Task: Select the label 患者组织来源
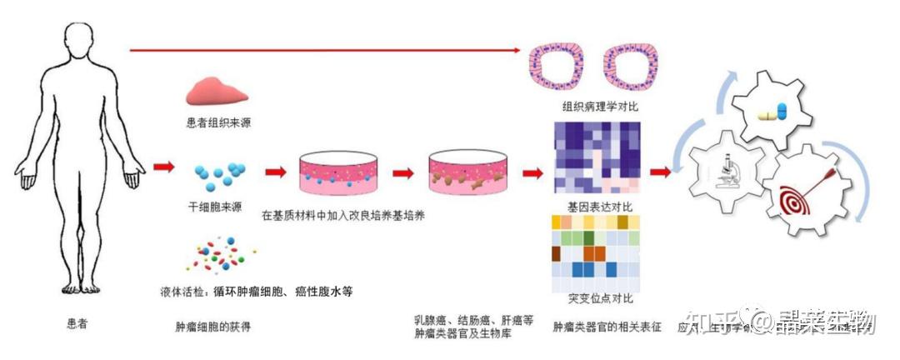click(x=219, y=122)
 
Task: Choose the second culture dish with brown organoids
click(x=468, y=175)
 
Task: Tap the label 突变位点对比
click(x=595, y=297)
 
